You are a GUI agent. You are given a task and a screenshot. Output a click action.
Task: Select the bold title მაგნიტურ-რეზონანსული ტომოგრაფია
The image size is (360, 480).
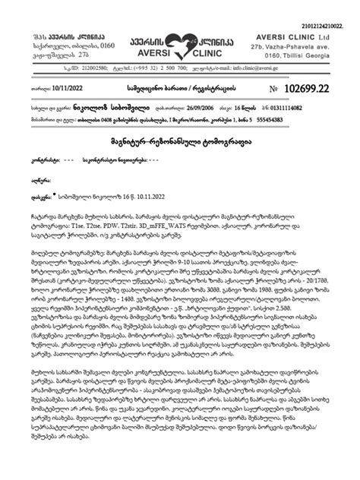coord(178,142)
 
